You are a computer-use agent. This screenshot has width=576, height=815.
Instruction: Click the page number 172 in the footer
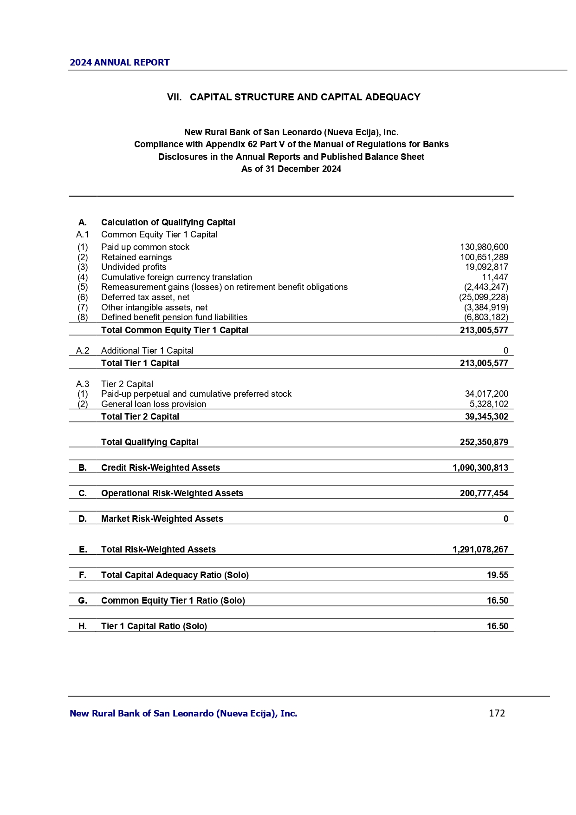point(497,713)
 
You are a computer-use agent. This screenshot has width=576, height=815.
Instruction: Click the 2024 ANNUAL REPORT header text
point(120,63)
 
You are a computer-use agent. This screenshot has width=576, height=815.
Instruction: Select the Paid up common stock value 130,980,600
point(484,247)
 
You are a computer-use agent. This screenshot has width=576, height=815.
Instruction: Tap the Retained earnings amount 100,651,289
point(484,257)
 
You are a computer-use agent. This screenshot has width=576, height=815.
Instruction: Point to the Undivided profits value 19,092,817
point(486,267)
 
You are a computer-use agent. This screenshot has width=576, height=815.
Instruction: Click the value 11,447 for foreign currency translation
point(495,277)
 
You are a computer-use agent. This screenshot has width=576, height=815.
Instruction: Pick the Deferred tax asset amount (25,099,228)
point(483,297)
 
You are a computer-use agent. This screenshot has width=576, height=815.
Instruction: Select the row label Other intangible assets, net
point(154,308)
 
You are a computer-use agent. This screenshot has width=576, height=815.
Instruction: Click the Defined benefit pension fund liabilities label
point(174,317)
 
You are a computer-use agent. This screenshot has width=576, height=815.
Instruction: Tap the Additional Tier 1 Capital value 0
point(505,351)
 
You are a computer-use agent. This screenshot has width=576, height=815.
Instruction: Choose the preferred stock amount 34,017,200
point(486,394)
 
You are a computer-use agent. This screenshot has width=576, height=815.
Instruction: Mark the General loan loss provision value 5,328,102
point(489,404)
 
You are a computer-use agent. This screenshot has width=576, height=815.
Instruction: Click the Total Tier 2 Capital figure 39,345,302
point(486,417)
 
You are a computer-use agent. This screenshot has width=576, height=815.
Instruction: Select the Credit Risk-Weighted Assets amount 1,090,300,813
point(480,468)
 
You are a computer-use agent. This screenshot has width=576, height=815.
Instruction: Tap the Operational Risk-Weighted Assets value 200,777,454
point(484,493)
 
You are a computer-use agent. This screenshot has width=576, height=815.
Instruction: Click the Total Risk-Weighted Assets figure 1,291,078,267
point(480,550)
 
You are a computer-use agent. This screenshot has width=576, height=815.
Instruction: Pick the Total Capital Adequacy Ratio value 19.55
point(497,575)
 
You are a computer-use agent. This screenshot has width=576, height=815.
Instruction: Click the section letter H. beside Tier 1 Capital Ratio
point(83,626)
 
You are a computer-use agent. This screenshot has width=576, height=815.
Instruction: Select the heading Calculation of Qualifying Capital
point(168,223)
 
